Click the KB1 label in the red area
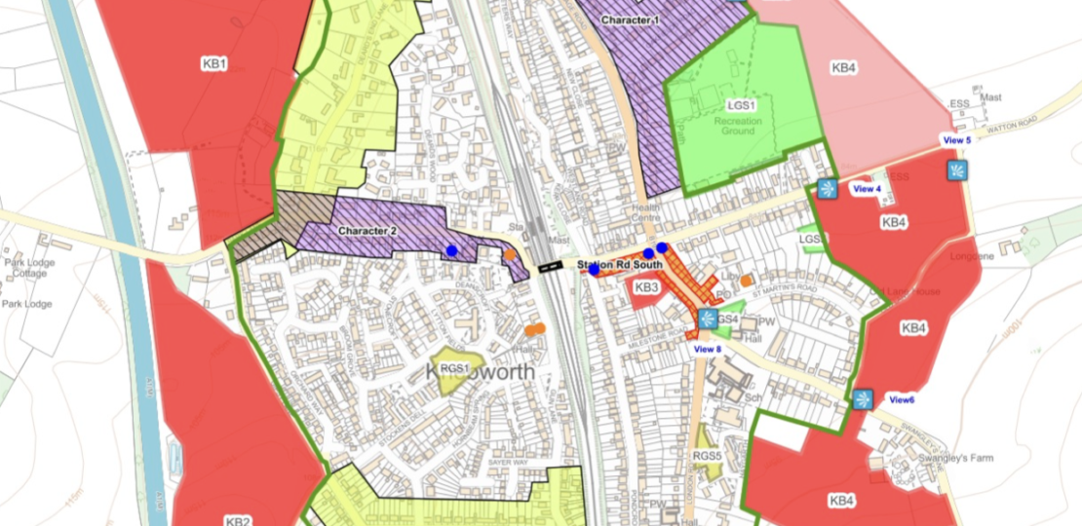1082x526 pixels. click(214, 64)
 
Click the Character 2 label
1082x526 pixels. click(367, 231)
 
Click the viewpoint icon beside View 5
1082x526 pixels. click(957, 170)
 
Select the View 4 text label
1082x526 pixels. click(867, 189)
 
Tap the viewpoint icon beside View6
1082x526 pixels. click(863, 399)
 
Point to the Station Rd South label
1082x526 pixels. click(620, 264)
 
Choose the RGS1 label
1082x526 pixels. click(454, 368)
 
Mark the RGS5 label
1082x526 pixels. click(707, 456)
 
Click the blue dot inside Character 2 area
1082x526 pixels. click(451, 251)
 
